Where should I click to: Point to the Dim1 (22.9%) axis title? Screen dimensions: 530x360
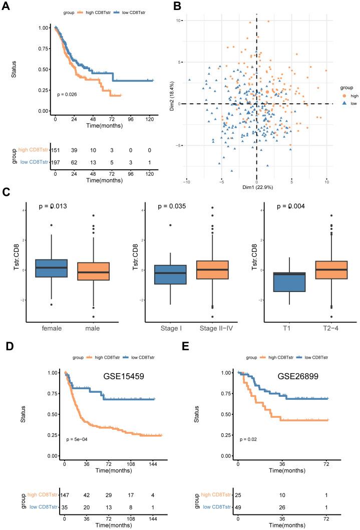256,187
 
